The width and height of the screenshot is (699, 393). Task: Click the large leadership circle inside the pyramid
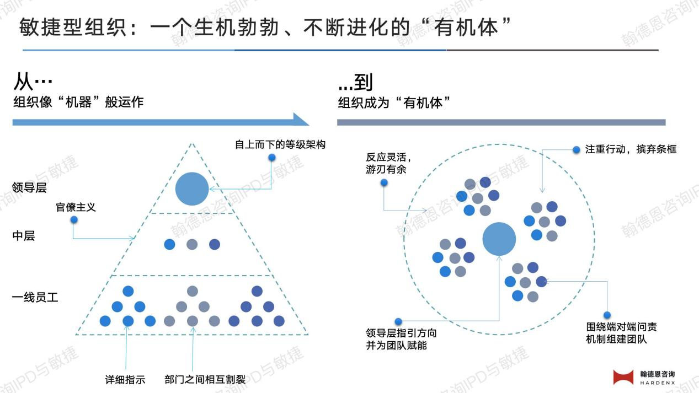pos(192,189)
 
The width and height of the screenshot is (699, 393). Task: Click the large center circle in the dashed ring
pos(499,239)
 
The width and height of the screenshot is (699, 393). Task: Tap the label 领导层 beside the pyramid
pos(29,187)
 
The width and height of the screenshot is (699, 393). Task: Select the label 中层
pos(24,235)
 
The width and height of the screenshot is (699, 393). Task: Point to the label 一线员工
pos(35,297)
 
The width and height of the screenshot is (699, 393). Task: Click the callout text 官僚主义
pos(76,207)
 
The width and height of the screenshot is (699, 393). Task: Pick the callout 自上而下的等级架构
pos(280,144)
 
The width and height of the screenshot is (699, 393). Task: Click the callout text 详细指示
pos(125,380)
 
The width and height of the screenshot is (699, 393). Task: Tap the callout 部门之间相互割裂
pos(205,379)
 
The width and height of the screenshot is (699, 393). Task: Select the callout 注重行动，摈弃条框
pos(631,149)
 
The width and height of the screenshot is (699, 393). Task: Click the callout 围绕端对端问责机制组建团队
pos(622,333)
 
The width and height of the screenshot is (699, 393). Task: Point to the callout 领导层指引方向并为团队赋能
pos(401,339)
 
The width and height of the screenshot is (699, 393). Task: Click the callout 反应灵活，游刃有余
pos(388,163)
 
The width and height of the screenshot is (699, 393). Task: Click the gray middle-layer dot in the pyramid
pos(192,244)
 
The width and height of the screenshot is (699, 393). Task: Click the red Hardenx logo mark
pos(623,377)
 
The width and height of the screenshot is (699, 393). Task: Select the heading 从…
pos(33,82)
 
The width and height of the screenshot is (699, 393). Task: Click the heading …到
pos(355,82)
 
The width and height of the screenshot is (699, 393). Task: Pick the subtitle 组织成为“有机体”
pos(394,103)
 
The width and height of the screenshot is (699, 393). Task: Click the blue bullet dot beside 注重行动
pos(577,150)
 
